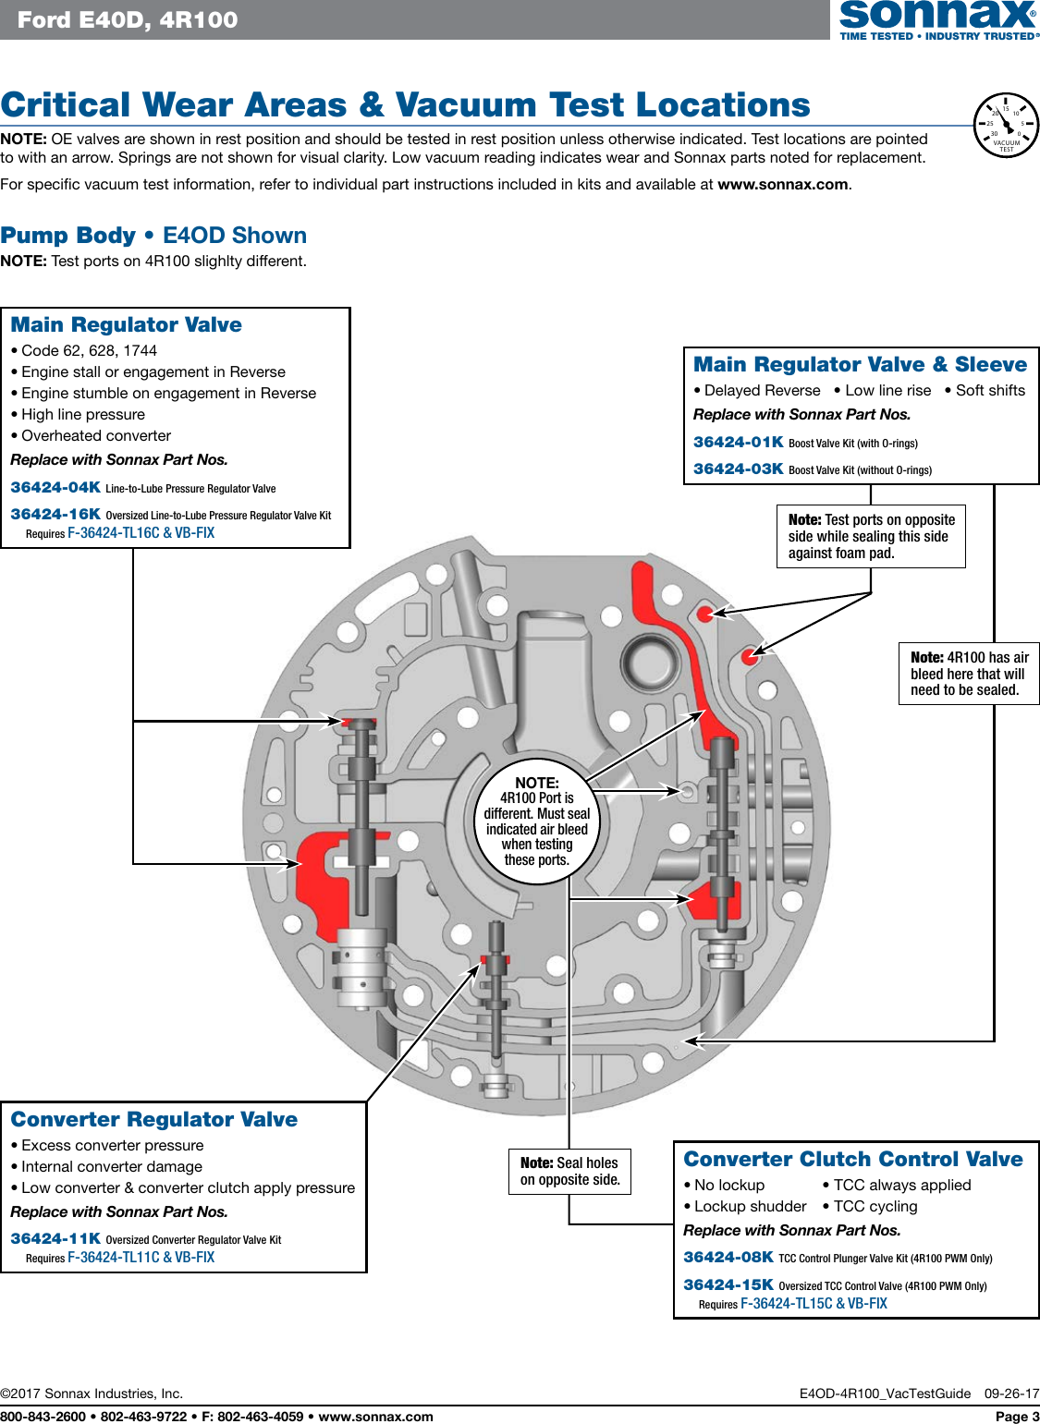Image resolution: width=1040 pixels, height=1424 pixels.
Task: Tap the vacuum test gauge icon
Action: tap(1006, 126)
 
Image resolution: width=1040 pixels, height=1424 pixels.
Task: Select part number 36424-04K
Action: tap(55, 487)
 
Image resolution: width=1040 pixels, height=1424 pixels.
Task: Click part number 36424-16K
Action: tap(55, 514)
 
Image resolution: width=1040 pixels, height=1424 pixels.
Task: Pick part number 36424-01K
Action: tap(738, 442)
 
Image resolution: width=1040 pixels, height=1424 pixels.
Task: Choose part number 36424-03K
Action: tap(738, 469)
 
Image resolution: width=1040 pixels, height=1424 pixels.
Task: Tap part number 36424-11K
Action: tap(55, 1238)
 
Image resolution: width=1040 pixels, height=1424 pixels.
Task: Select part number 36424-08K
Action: tap(728, 1257)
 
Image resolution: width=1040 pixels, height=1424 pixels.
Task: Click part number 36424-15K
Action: tap(728, 1284)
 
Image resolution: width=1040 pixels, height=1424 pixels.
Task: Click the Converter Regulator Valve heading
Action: tap(153, 1119)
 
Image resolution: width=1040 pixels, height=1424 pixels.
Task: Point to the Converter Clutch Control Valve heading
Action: tap(852, 1159)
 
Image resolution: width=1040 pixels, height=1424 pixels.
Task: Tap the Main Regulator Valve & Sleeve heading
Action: tap(860, 364)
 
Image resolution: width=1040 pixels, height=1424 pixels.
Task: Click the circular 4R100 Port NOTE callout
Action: tap(536, 822)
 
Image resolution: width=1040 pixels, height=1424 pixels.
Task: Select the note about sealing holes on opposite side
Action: tap(569, 1171)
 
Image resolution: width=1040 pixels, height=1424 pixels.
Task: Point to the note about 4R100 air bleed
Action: tap(968, 674)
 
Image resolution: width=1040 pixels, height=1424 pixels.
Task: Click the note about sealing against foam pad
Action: tap(871, 536)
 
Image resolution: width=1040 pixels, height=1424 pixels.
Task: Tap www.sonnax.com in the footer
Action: tap(375, 1416)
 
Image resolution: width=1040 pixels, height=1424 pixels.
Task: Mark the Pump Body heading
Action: tap(153, 236)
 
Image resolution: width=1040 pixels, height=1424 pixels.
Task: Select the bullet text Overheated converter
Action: tap(96, 435)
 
